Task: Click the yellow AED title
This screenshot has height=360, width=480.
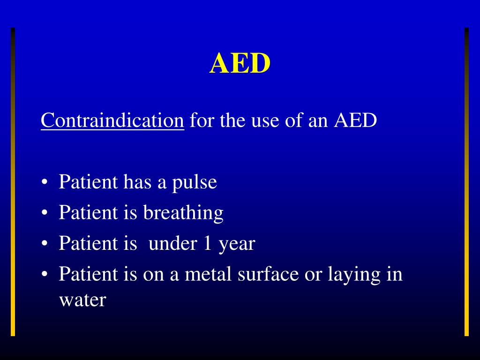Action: (x=240, y=63)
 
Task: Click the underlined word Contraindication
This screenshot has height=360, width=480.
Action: (x=112, y=121)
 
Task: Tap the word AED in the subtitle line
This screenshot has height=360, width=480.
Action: (x=355, y=121)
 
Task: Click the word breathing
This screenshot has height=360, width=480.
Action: (x=183, y=213)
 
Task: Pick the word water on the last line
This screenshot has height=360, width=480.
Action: (x=82, y=300)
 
